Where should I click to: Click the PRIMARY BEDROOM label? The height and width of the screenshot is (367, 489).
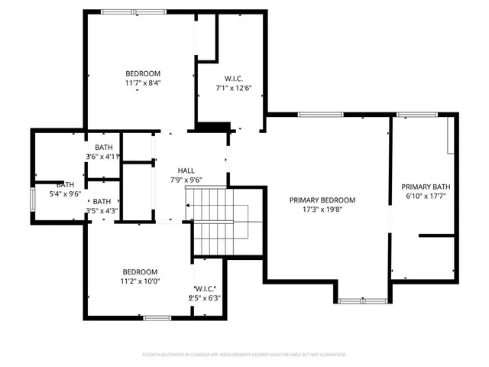(x=322, y=200)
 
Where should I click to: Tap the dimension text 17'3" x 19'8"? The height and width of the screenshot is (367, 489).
(x=322, y=209)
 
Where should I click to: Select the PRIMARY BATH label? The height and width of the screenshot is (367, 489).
(x=426, y=187)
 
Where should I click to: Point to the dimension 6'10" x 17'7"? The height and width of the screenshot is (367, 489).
(x=426, y=196)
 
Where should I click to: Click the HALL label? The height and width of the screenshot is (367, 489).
(x=186, y=170)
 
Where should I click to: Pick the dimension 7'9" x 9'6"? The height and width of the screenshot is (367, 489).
(x=186, y=179)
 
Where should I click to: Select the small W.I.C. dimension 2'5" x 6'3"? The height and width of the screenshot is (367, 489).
(x=204, y=298)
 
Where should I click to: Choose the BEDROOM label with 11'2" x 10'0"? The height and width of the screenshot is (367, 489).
(x=140, y=271)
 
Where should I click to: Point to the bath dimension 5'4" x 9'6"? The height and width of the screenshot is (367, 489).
(x=64, y=193)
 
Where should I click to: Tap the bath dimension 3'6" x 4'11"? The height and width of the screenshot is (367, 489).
(x=103, y=157)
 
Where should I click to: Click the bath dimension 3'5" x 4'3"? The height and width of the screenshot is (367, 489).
(x=102, y=211)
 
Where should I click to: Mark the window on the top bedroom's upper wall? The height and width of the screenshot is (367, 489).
(x=126, y=11)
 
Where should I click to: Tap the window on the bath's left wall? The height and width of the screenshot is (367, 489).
(x=32, y=199)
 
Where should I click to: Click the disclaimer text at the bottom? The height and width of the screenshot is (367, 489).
(x=244, y=355)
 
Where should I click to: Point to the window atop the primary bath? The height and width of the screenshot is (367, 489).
(x=416, y=115)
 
